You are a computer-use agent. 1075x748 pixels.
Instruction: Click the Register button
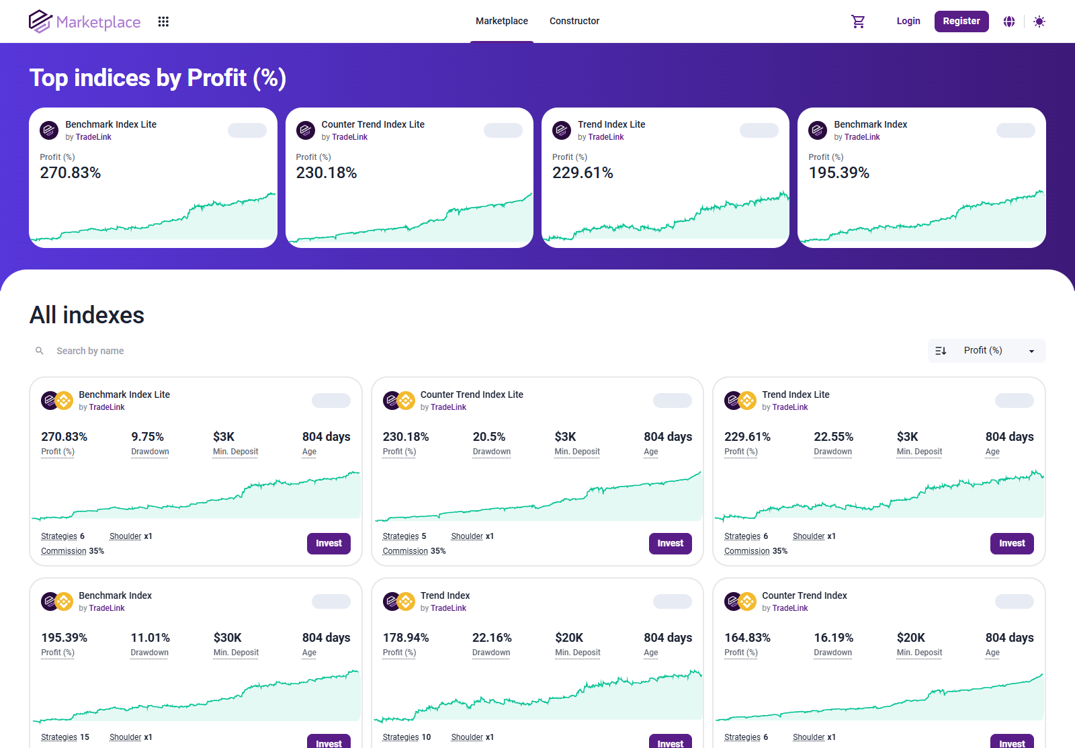[x=961, y=22]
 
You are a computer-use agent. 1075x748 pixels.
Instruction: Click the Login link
[x=908, y=22]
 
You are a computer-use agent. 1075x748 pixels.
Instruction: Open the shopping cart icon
[x=858, y=22]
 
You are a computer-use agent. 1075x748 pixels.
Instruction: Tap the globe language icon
[x=1008, y=22]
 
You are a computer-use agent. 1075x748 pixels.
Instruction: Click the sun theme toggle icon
[x=1039, y=22]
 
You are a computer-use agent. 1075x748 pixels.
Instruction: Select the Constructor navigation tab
[x=574, y=22]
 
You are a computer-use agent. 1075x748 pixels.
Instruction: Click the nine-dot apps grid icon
[x=163, y=22]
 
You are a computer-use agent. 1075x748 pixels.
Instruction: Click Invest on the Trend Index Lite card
[x=1011, y=543]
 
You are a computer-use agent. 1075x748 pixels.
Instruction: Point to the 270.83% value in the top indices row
[x=71, y=173]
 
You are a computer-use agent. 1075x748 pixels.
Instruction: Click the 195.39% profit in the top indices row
[x=838, y=173]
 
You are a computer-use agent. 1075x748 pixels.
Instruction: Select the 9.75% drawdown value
[x=147, y=437]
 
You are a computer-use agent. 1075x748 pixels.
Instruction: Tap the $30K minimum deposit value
[x=227, y=638]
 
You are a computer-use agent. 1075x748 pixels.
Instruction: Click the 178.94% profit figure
[x=406, y=638]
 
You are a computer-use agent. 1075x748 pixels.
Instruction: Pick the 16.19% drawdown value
[x=833, y=638]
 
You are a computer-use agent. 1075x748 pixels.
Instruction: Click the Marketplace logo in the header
[x=85, y=22]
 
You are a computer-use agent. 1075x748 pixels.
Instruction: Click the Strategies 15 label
[x=65, y=737]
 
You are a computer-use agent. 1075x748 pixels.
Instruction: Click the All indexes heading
[x=87, y=315]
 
